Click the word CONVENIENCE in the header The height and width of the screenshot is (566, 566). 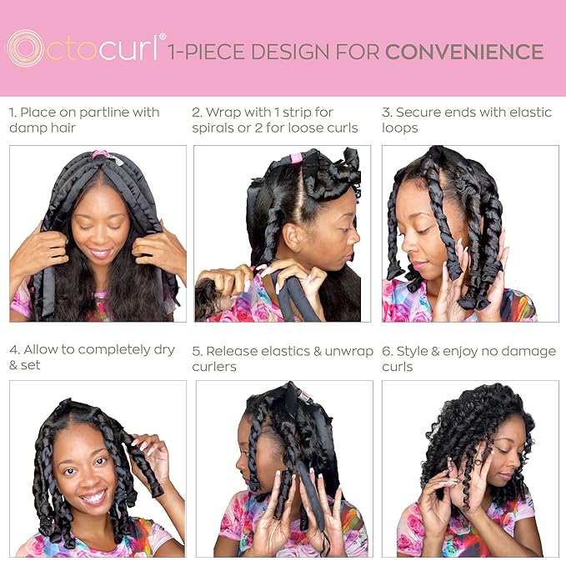[464, 53]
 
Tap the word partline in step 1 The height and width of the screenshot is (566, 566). [104, 112]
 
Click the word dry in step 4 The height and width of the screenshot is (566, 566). [163, 349]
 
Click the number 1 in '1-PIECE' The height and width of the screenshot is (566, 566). [172, 53]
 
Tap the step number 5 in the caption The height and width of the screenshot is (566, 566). [196, 351]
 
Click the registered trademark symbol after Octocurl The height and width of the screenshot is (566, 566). [163, 38]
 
